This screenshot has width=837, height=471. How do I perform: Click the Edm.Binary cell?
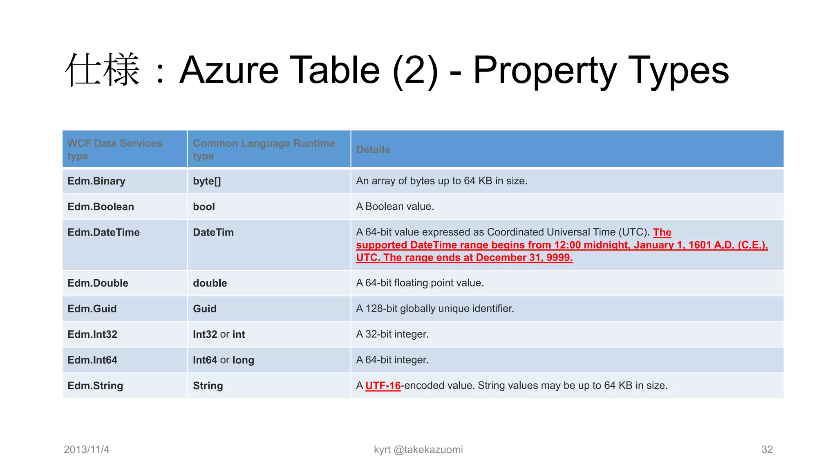tap(96, 181)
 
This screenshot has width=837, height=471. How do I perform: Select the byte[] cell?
tap(207, 181)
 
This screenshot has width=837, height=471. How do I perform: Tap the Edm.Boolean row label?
tap(101, 207)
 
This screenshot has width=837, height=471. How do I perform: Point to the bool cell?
tap(204, 207)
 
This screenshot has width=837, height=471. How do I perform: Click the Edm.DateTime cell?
tap(103, 233)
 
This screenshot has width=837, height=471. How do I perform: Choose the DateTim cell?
tap(213, 233)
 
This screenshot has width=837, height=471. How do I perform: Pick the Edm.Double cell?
tap(98, 283)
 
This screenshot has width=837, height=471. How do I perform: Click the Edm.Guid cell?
tap(92, 309)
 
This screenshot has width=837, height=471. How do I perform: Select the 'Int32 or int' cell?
tap(219, 334)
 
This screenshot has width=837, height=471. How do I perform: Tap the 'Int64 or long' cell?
tap(223, 360)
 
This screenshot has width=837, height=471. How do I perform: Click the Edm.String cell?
tap(95, 386)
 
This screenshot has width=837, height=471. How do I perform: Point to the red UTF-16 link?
tap(383, 386)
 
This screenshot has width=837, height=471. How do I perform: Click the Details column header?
tap(373, 150)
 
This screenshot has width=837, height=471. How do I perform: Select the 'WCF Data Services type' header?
tap(114, 149)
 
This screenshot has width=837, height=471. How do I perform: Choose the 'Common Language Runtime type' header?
tap(264, 149)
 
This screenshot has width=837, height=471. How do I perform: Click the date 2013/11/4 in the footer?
tap(87, 450)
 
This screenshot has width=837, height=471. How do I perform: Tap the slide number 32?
tap(767, 450)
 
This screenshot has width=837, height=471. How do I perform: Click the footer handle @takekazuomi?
tap(428, 450)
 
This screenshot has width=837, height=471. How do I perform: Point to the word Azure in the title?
tap(229, 70)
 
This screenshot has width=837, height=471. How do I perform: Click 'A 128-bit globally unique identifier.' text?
tap(435, 309)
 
